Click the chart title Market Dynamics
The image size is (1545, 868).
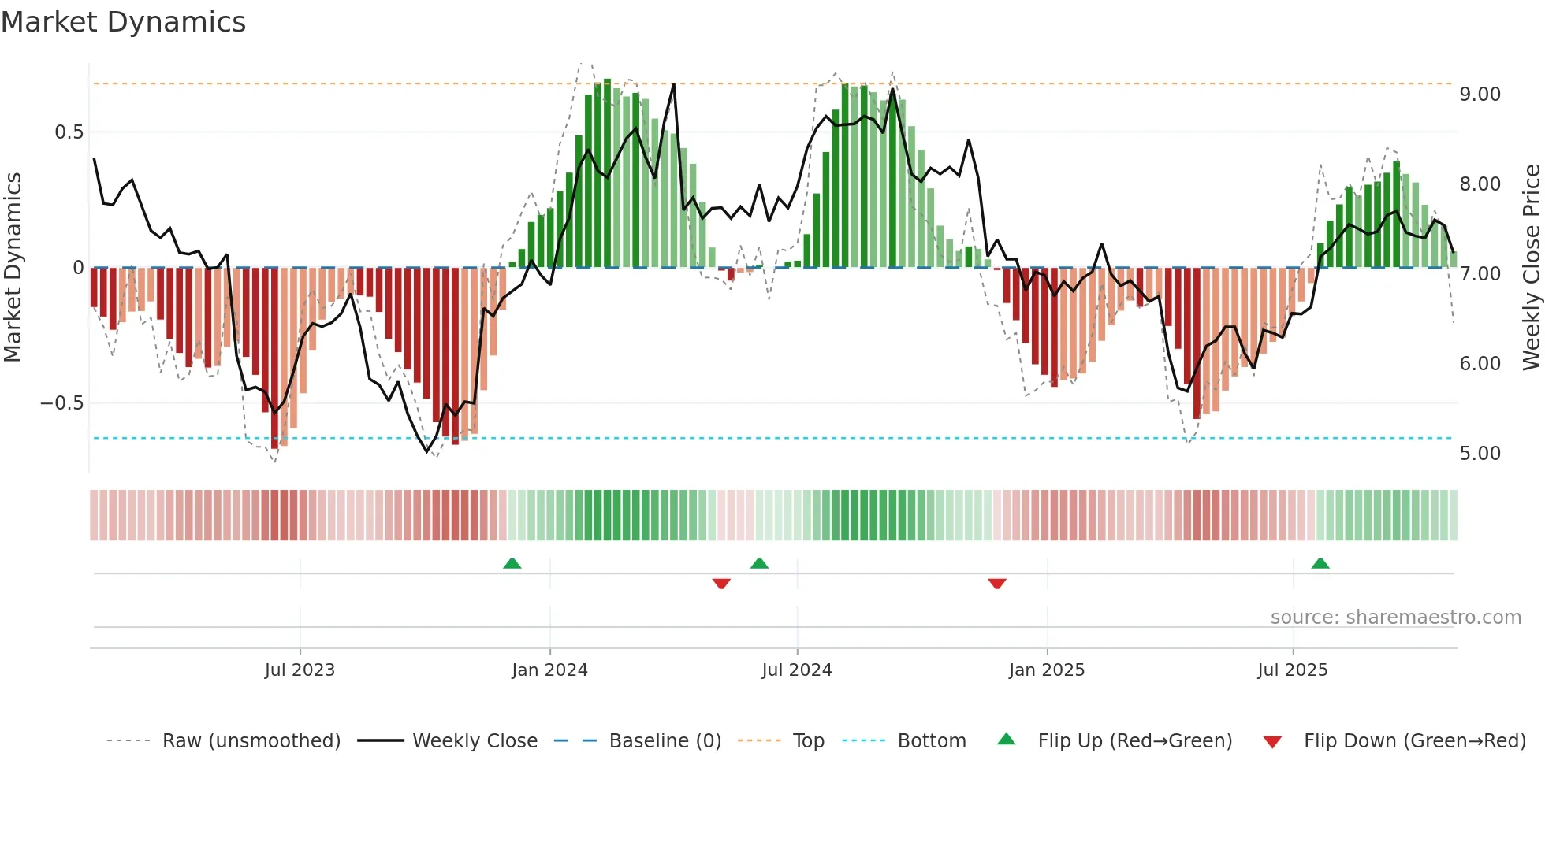(123, 22)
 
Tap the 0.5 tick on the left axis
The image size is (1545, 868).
(69, 132)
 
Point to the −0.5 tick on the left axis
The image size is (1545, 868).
(62, 403)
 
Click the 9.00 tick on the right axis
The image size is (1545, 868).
(1480, 95)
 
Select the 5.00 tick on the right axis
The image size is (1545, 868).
(1480, 454)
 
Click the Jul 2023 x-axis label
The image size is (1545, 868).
(300, 670)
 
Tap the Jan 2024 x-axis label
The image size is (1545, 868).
(549, 670)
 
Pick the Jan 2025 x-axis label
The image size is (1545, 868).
(1047, 670)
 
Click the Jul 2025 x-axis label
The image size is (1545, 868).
(1293, 670)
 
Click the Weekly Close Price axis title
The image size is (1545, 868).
(1531, 267)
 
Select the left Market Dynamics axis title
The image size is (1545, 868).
(13, 267)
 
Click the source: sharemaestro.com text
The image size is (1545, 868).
(1395, 618)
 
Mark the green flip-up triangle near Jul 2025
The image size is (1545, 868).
(1320, 563)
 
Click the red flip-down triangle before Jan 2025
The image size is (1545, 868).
(997, 584)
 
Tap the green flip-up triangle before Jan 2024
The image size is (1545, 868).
(512, 563)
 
